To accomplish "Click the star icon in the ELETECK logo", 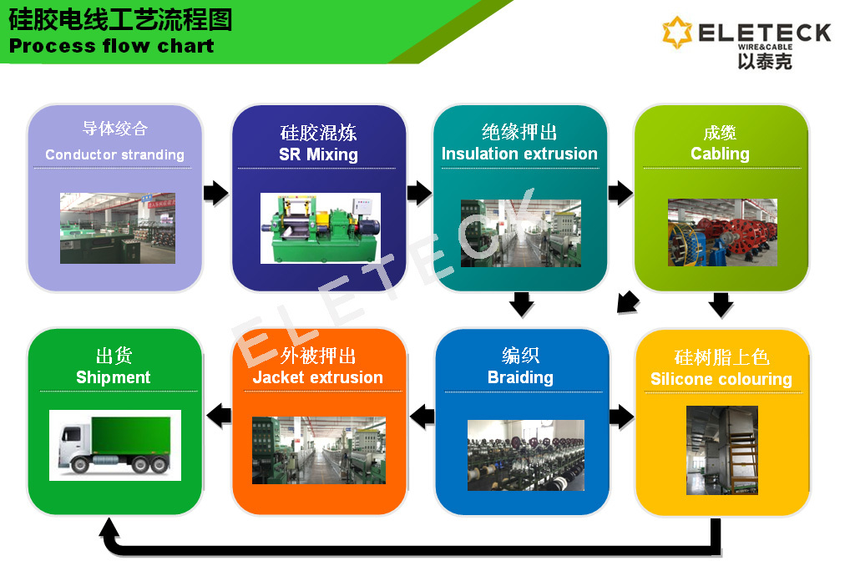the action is (676, 33).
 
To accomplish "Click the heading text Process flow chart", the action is (112, 46).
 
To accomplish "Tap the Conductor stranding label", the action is (114, 155).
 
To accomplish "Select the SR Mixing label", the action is (318, 154).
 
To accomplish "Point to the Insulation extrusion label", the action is (519, 154).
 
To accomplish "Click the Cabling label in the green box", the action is (720, 154).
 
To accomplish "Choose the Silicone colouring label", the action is (721, 379).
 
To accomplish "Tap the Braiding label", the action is (520, 377).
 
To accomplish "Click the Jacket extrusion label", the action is (318, 377).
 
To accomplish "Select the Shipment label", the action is (114, 377).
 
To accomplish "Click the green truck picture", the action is (115, 445).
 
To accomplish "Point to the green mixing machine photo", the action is (320, 228).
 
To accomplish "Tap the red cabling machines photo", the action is (722, 232).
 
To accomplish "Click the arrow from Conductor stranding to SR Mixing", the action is (216, 193).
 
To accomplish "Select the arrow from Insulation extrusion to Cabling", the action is (620, 193).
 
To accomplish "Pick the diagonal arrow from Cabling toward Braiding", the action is (628, 302).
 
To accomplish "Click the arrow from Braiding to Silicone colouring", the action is (621, 417).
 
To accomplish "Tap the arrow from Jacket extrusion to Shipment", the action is (220, 416).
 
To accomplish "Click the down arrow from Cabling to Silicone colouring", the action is (721, 305).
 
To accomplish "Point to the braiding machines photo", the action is (526, 455).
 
